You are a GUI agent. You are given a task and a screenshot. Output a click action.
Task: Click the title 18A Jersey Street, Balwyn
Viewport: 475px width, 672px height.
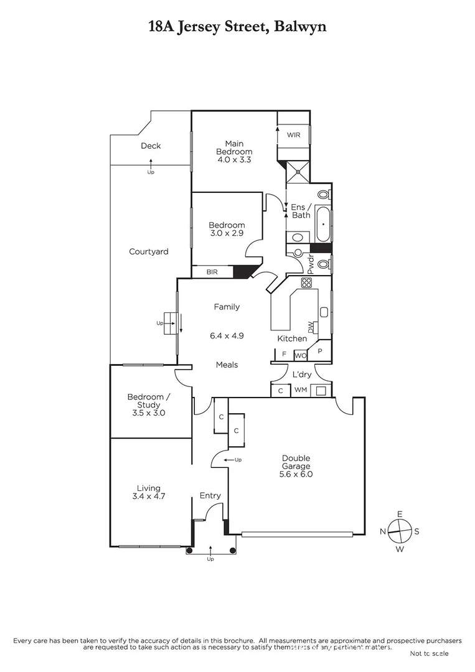tap(237, 26)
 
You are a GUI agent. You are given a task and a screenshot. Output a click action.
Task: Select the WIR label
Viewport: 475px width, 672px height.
tap(293, 134)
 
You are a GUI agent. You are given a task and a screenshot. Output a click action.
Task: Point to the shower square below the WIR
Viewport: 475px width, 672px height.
tap(297, 170)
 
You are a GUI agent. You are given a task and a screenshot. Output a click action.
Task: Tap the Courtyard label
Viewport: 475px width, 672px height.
tap(149, 252)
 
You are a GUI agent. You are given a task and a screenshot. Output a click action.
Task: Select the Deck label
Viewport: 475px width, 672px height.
tap(151, 146)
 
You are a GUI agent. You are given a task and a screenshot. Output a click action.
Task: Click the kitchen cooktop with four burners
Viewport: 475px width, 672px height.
tap(306, 282)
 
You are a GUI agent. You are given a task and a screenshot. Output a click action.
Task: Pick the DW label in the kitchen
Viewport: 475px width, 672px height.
tap(311, 326)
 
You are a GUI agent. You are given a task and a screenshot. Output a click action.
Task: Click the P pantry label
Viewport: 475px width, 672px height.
tap(321, 351)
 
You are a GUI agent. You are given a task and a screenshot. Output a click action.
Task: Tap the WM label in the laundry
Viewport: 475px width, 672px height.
tap(300, 390)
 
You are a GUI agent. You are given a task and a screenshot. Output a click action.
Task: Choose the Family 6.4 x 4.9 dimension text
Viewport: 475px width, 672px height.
tap(227, 335)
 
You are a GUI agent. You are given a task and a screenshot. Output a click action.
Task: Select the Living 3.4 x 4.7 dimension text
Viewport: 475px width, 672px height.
tap(149, 497)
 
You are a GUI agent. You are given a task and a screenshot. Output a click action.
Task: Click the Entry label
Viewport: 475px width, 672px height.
tap(210, 495)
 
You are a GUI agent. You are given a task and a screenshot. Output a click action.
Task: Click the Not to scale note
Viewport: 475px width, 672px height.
tap(429, 653)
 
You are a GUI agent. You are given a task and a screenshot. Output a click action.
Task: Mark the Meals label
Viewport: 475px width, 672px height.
tap(227, 365)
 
